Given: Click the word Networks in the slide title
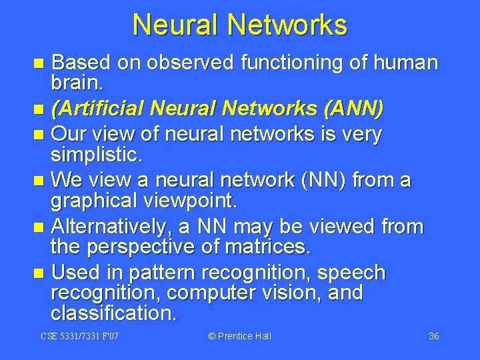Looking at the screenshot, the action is coord(287,25).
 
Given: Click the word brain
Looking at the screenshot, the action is coord(74,83).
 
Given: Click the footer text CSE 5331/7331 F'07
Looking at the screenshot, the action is coord(79,336).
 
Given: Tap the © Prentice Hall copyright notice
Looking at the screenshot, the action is coord(240,336).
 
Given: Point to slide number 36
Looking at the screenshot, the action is coord(433,336).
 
